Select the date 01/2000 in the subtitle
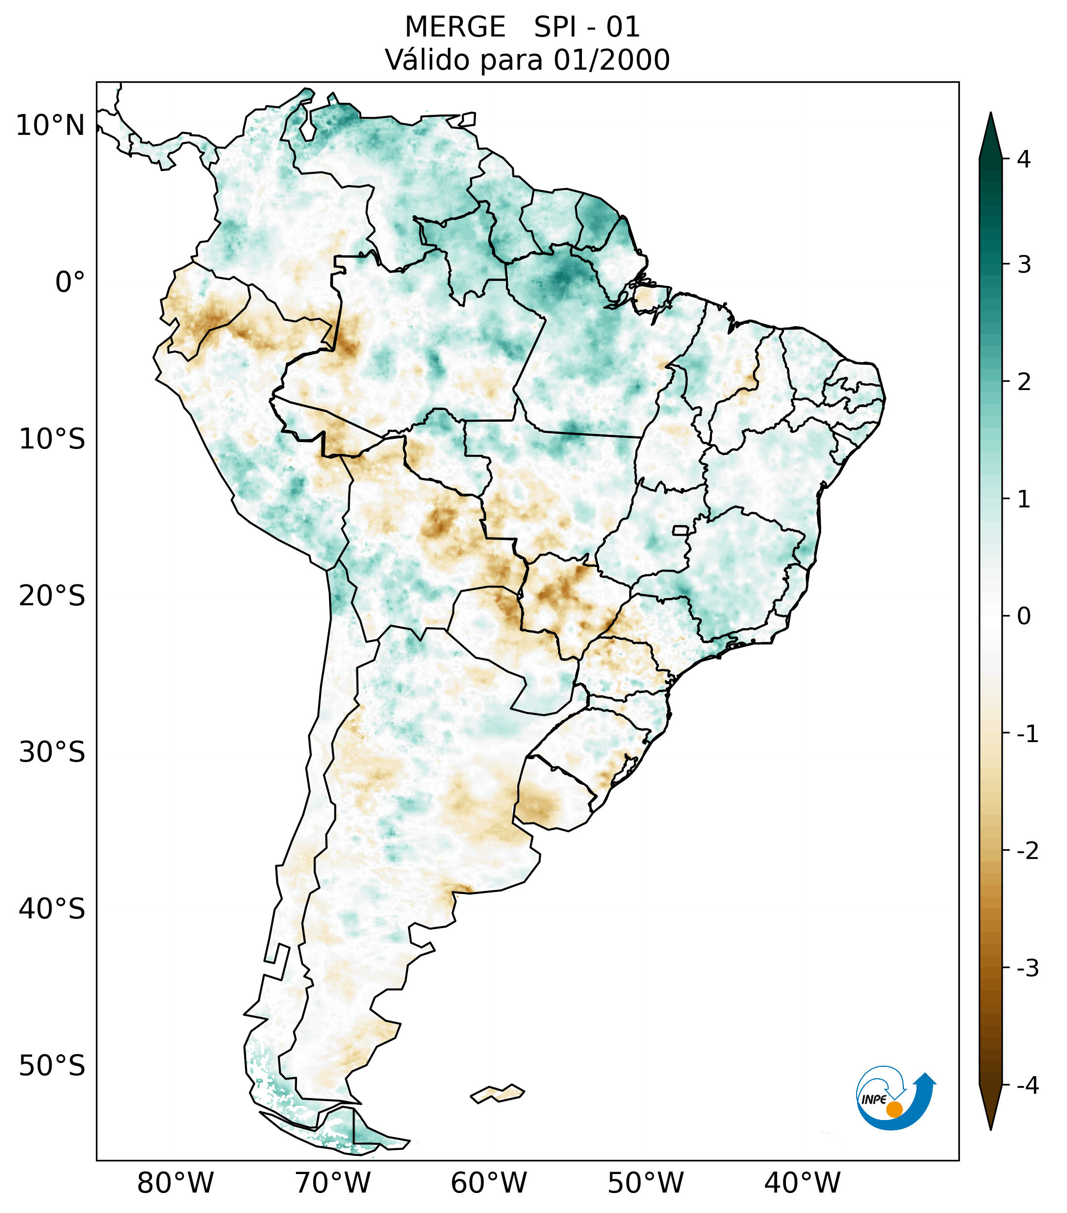pos(611,60)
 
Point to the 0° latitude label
pos(70,282)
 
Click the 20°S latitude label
pos(52,596)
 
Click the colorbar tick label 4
pos(1023,159)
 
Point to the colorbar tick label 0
pos(1024,616)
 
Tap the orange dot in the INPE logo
pos(894,1109)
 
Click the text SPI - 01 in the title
pos(586,27)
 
